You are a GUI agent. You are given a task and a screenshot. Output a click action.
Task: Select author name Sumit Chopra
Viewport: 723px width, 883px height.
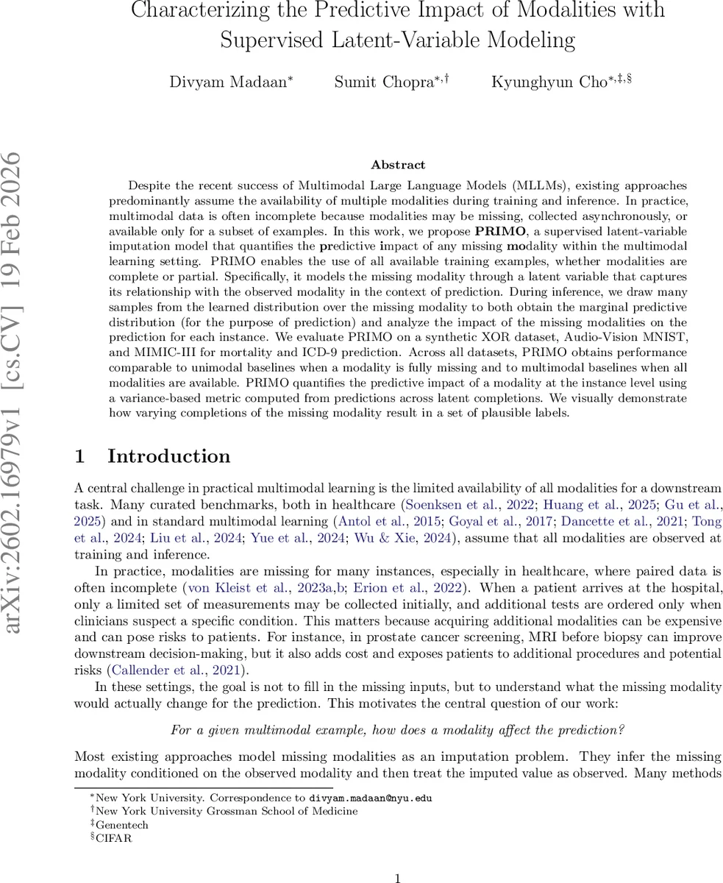click(x=381, y=82)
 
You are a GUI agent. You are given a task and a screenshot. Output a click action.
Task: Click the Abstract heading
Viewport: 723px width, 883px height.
click(x=398, y=165)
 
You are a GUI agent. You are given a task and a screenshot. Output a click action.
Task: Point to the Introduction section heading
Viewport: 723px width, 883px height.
click(x=168, y=456)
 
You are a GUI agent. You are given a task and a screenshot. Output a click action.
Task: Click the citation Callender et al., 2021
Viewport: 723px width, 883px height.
click(x=176, y=670)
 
